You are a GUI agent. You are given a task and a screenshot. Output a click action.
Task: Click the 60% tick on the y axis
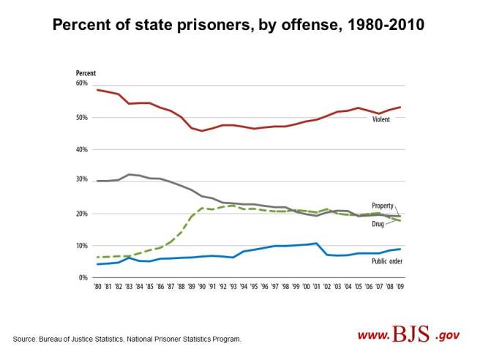coord(81,83)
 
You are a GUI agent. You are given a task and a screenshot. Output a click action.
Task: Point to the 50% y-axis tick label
coord(81,117)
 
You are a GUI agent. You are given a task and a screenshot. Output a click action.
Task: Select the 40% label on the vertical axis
coord(81,149)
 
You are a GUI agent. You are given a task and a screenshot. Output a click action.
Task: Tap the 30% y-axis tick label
coord(81,181)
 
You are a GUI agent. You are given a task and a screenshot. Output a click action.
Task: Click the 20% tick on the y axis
coord(81,214)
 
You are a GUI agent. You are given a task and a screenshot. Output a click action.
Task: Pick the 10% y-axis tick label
coord(81,246)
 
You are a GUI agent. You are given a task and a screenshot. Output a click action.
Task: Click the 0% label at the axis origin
coord(83,278)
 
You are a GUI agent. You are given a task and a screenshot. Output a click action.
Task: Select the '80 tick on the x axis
coord(99,288)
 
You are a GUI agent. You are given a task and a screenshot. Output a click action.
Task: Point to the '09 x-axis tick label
coord(400,288)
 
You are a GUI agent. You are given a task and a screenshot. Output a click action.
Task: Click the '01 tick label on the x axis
coord(317,288)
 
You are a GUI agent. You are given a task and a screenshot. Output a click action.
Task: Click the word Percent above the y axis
coord(86,73)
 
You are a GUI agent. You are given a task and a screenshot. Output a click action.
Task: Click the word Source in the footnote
coord(23,340)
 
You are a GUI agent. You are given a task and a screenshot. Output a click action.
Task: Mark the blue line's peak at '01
coord(316,243)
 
